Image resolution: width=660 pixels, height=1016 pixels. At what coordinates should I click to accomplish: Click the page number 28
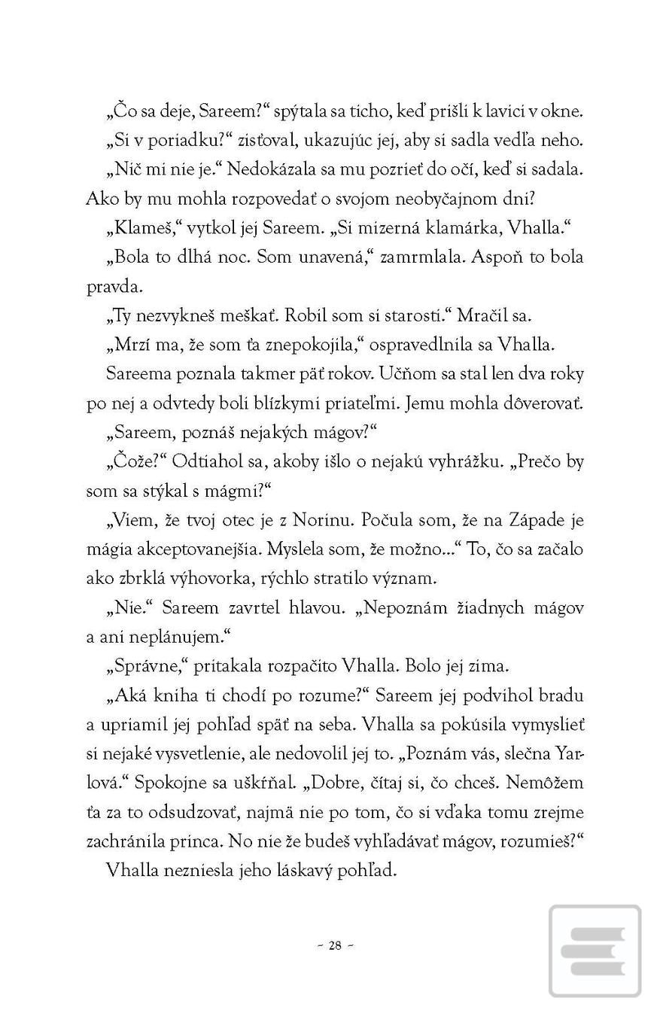(336, 946)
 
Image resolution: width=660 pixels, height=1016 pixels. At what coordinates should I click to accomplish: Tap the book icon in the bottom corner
(595, 951)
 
